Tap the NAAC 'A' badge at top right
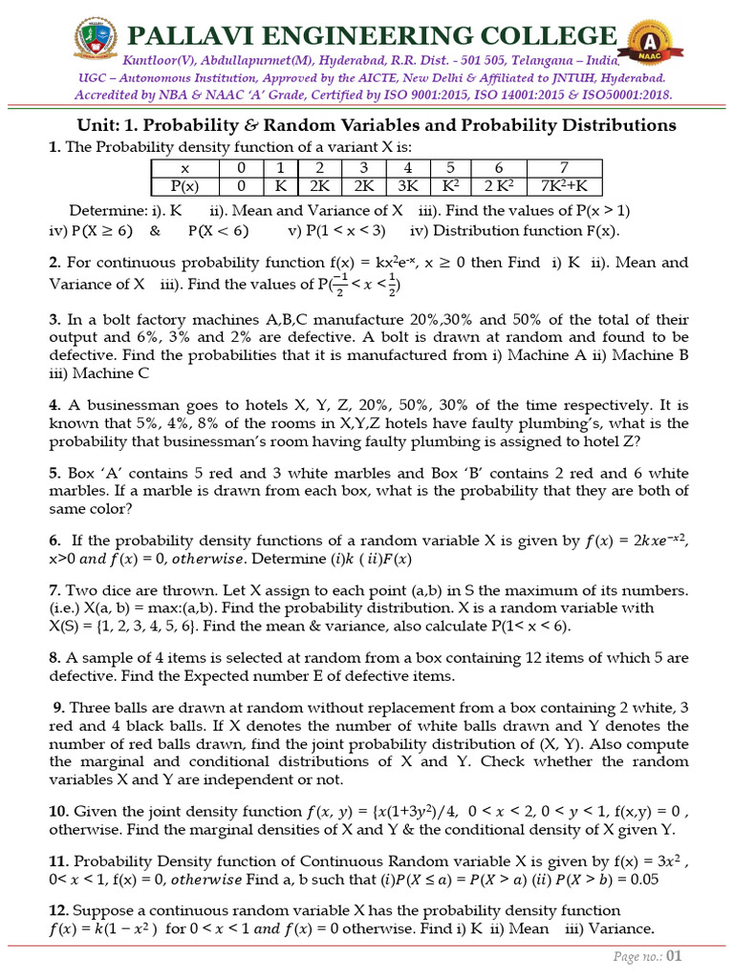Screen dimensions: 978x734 pos(646,45)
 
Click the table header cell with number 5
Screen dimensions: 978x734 pos(449,167)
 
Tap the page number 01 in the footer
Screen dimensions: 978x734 pos(675,956)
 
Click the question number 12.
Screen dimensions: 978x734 pos(57,909)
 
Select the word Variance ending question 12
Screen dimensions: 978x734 pos(622,928)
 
